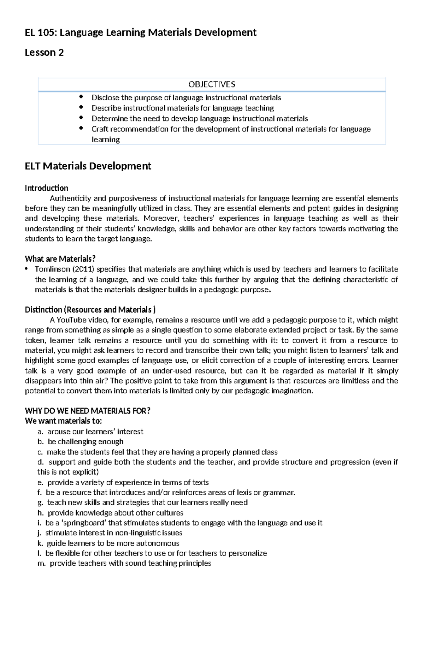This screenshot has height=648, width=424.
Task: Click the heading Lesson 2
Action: point(44,53)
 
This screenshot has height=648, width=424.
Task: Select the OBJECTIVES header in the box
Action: point(212,84)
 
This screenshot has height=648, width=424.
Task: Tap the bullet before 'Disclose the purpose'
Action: point(82,97)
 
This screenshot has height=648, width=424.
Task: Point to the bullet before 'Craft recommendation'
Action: point(82,128)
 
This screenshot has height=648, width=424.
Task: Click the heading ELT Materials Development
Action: point(88,166)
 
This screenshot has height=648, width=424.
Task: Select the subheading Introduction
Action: point(46,188)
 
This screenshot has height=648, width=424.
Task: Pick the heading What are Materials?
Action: point(60,259)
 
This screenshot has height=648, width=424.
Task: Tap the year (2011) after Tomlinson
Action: point(83,269)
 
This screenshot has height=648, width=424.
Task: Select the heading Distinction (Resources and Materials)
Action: point(90,310)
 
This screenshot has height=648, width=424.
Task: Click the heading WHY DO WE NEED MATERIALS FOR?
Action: point(88,411)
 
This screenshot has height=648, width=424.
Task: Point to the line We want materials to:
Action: point(63,421)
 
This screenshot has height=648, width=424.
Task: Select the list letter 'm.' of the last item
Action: point(42,564)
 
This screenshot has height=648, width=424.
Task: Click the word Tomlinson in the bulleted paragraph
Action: point(52,269)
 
